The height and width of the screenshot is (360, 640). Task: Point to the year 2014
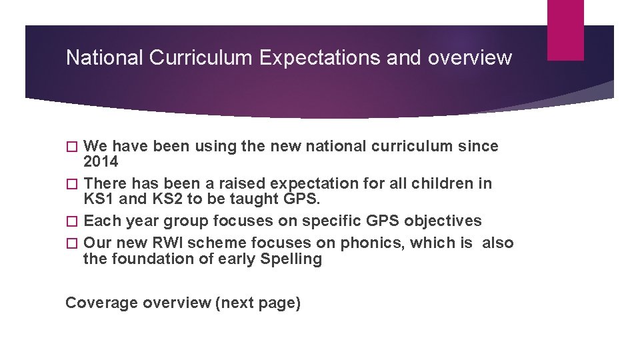101,162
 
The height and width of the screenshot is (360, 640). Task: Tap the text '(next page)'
258,303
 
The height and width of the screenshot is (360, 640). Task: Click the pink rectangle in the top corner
565,30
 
